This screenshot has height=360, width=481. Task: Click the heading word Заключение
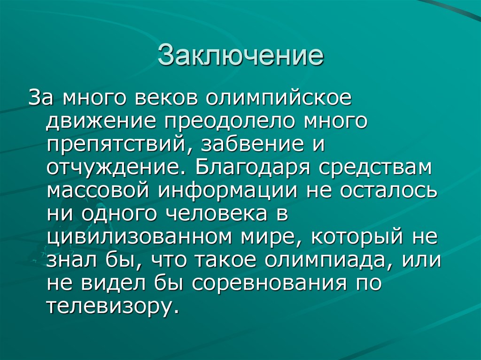click(240, 55)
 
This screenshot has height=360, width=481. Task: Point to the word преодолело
click(230, 122)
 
